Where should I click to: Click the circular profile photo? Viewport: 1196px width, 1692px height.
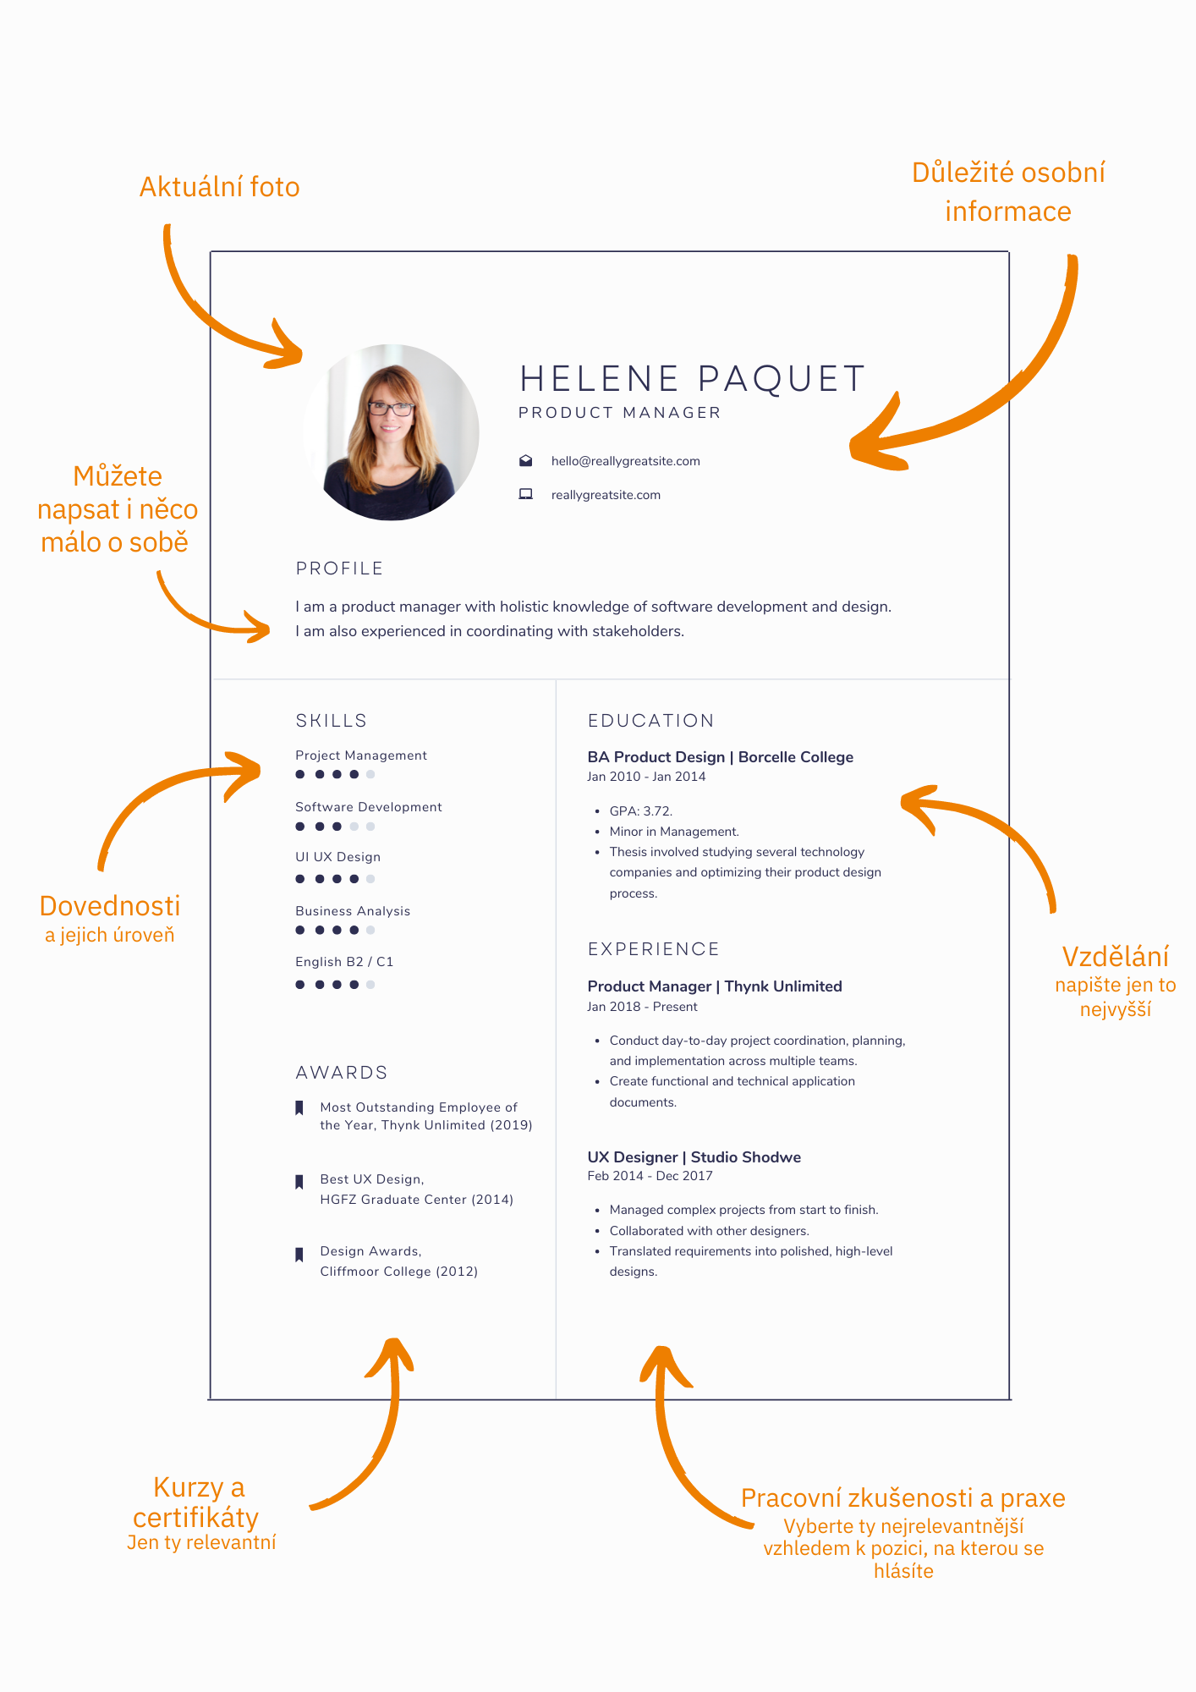[391, 432]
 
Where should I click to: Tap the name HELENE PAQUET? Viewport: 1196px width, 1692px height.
[693, 379]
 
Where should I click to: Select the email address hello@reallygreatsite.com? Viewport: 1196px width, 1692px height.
[626, 461]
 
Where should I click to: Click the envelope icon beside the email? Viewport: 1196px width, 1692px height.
[526, 460]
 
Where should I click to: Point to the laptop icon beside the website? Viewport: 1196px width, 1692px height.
[526, 494]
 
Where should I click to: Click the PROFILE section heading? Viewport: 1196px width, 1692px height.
[339, 569]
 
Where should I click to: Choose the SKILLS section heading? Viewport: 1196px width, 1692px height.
[332, 721]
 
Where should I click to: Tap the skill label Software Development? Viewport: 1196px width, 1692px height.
[369, 807]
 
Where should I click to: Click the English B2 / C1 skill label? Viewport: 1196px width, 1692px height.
[344, 962]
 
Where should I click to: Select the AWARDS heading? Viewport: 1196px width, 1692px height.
[342, 1073]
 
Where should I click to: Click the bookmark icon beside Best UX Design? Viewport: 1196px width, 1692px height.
[299, 1182]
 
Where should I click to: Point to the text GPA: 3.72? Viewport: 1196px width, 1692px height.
[641, 810]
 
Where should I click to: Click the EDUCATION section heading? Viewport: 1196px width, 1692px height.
[651, 721]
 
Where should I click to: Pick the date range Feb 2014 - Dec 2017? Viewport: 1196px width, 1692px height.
[650, 1176]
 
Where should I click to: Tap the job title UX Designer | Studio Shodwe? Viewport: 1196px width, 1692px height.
[694, 1156]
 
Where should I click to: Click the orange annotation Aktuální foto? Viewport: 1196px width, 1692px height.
[220, 187]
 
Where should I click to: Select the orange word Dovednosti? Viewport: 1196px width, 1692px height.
[110, 906]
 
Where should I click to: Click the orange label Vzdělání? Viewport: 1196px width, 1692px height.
[1116, 956]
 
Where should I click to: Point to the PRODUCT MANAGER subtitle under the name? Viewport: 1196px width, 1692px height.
[620, 413]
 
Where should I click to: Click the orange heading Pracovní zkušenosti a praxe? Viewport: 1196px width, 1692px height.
[903, 1498]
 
